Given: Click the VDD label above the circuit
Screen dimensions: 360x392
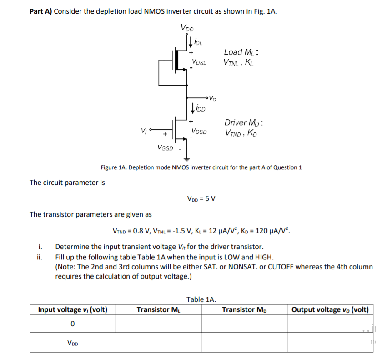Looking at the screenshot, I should (186, 28).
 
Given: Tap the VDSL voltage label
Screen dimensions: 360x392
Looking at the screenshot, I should (199, 62).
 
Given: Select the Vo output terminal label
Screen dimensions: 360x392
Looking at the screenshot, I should (213, 97).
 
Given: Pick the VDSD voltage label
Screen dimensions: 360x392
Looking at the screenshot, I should (199, 132).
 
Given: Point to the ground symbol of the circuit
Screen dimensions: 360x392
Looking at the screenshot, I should (186, 159).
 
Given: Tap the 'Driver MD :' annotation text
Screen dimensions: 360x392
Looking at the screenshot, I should (245, 123).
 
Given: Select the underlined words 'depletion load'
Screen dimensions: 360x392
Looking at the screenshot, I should (119, 12).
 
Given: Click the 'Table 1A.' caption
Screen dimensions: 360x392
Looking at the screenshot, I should (201, 299).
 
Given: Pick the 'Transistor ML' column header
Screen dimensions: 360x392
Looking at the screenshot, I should (158, 310).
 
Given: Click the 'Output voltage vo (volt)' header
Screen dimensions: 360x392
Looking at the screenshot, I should (330, 310).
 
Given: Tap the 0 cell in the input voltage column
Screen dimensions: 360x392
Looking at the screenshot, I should (72, 324).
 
